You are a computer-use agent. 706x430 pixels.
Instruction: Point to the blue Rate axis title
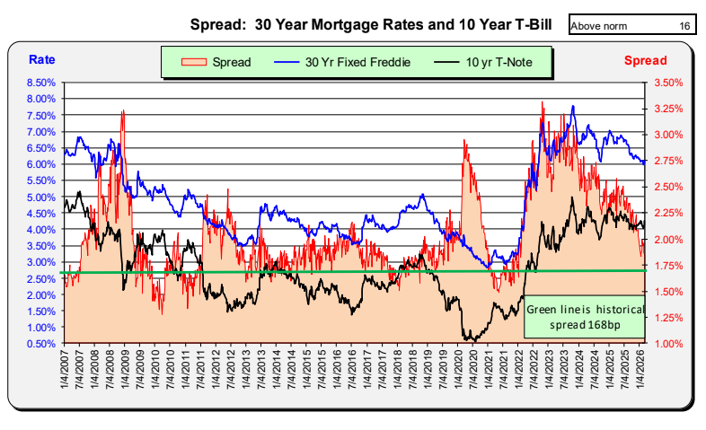pos(41,60)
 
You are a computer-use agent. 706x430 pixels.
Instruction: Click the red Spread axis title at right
pos(646,60)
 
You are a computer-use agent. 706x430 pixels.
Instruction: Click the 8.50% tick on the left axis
pos(42,82)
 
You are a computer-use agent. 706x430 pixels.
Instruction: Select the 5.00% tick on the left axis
pos(42,197)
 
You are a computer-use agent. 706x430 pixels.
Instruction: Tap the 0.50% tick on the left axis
pos(42,344)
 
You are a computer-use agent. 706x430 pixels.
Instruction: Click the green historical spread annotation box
pos(584,316)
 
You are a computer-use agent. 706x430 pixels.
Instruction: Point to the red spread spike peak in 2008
pos(122,110)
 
